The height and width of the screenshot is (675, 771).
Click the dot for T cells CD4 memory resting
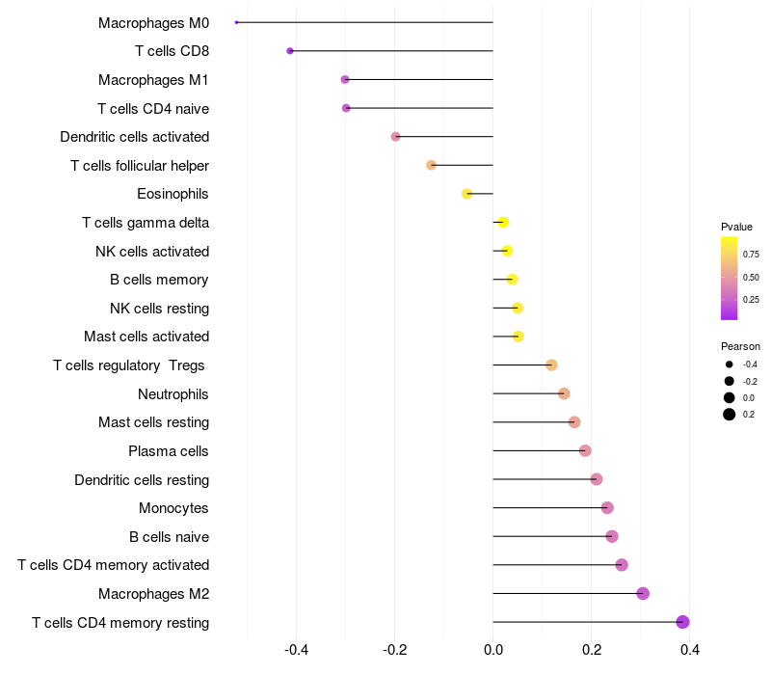682,622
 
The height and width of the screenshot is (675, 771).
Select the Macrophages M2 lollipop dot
643,593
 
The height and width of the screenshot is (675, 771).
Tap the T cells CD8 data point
290,51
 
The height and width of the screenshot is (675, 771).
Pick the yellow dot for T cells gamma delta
502,223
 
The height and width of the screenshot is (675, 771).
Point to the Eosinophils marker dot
467,194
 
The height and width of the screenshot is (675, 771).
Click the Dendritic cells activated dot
395,137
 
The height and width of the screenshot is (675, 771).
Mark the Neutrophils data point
564,393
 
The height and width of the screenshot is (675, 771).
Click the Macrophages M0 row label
153,22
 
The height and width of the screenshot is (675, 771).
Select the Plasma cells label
169,450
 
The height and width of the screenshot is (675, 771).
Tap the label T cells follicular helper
140,166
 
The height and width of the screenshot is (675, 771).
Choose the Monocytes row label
173,508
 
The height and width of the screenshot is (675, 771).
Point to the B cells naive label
169,536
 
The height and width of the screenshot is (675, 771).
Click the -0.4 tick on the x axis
296,650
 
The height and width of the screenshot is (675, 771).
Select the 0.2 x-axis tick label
591,650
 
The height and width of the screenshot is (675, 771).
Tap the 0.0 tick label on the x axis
492,650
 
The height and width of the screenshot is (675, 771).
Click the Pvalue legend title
736,227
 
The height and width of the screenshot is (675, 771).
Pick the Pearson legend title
740,346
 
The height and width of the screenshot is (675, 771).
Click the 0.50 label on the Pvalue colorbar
750,278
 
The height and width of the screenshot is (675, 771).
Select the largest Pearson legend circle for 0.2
730,415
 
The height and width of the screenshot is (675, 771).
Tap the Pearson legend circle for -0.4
730,364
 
